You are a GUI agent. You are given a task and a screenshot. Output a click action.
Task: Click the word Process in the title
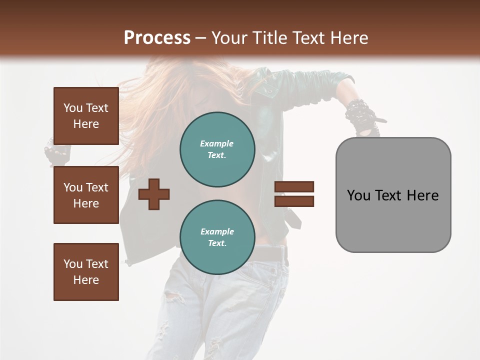tap(157, 37)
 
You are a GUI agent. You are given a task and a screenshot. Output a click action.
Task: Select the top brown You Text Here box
tap(86, 116)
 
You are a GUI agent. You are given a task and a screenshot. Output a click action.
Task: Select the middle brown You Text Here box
tap(86, 195)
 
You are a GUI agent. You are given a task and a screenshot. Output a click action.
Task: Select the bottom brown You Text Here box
tap(86, 272)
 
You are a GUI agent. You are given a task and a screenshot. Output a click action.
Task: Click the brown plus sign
tap(154, 194)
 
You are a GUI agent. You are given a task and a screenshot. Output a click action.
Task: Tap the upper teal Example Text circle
tap(217, 149)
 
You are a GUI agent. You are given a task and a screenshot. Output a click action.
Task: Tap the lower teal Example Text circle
tap(217, 237)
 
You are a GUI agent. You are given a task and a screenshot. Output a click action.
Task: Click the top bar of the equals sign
tap(294, 186)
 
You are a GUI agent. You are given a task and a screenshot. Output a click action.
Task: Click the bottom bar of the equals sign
tap(294, 201)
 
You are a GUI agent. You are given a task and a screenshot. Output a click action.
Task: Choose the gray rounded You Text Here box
tap(393, 195)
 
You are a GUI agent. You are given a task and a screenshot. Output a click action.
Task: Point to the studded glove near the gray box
tap(361, 117)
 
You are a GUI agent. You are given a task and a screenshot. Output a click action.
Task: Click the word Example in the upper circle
tap(217, 143)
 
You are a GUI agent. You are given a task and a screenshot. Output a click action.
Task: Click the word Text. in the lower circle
tap(217, 243)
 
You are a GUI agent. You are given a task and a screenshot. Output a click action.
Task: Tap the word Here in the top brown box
tap(86, 124)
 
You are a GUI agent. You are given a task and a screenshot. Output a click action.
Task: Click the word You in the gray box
tap(358, 195)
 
